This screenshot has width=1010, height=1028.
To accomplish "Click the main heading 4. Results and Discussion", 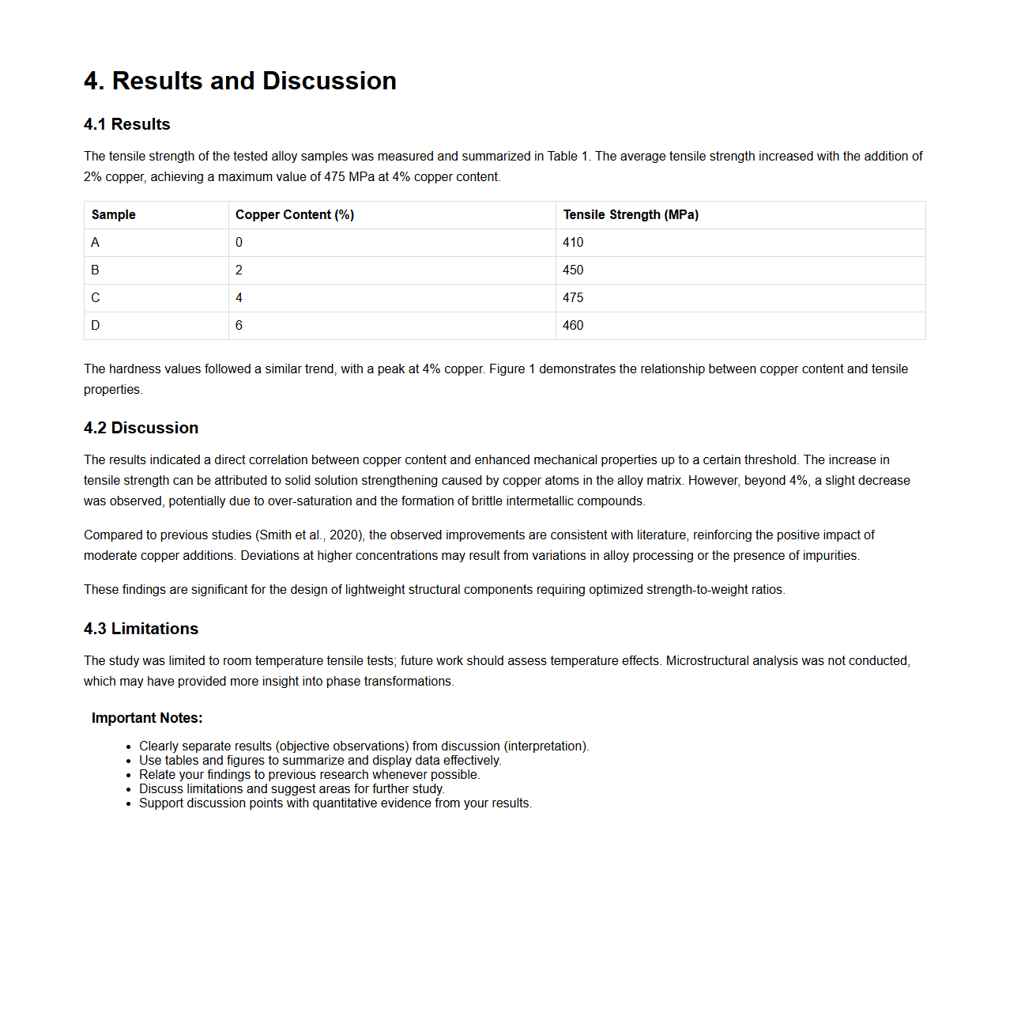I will point(239,81).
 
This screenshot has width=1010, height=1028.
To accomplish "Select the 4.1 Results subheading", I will point(126,124).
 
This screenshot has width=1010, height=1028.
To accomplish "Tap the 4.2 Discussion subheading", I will point(141,428).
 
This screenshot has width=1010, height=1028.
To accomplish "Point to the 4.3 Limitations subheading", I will point(141,629).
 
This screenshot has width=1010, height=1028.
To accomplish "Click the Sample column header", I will point(113,215).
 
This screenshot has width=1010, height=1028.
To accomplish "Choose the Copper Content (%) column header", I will point(294,215).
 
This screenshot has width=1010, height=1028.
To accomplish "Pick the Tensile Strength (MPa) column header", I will point(630,215).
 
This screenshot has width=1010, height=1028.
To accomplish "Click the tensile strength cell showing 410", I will point(573,243).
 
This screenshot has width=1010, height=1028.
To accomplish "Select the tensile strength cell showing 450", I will point(573,270).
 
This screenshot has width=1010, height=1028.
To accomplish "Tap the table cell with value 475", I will point(573,298).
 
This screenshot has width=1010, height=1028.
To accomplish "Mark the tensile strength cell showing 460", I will point(573,326).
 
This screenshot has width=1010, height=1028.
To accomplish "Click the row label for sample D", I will point(96,326).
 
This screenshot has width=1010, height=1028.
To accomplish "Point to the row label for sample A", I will point(96,243).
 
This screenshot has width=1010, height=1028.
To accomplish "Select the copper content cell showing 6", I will point(239,326).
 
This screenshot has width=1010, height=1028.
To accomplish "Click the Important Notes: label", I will point(147,718).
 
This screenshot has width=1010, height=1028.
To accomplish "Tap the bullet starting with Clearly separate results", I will point(364,746).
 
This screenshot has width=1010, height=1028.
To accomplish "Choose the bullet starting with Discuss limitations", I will point(292,789).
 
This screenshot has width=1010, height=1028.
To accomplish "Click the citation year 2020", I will point(345,535).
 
